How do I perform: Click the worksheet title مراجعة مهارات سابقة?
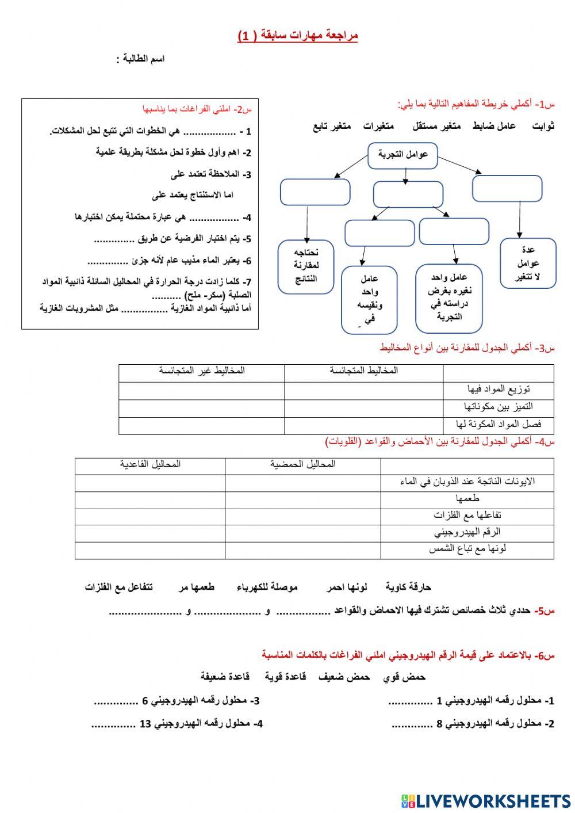pos(298,36)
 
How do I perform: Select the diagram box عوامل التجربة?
pos(402,155)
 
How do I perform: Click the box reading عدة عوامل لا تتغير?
pos(528,264)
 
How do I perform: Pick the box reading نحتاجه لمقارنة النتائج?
pos(306,266)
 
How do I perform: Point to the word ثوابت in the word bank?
pos(542,126)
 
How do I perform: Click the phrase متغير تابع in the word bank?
pos(332,126)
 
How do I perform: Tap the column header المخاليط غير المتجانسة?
pos(202,371)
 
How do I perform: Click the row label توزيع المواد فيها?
pos(499,390)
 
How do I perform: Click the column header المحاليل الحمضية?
pos(302,464)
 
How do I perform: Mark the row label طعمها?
pos(467,498)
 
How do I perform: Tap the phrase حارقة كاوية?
pos(408,587)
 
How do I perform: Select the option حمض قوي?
pos(404,677)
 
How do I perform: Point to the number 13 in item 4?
pos(145,724)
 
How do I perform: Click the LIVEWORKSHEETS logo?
pos(485,800)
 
